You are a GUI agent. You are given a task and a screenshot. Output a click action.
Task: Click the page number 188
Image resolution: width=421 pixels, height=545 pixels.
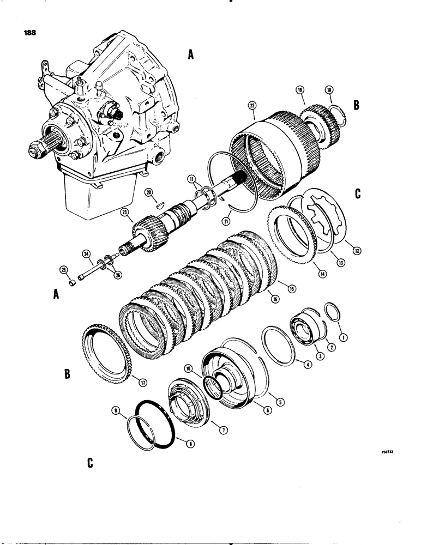point(31,32)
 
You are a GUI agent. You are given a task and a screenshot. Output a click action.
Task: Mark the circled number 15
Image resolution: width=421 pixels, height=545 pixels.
point(291,289)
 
